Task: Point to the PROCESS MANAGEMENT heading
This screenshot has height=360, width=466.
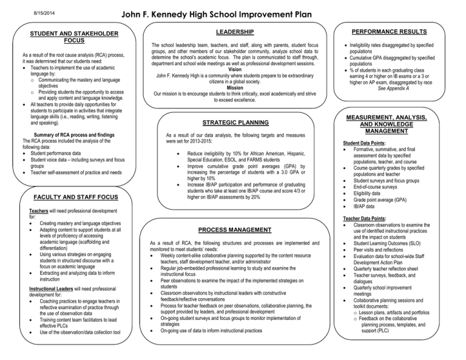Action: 235,230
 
